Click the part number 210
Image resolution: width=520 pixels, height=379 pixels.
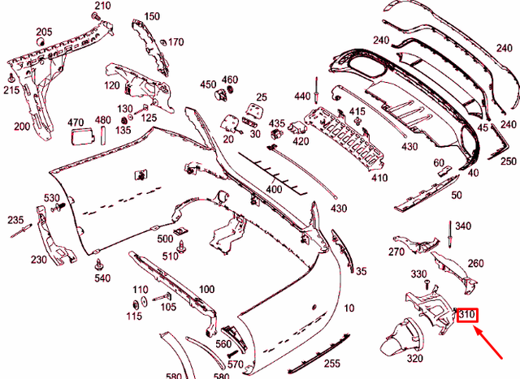click(x=102, y=6)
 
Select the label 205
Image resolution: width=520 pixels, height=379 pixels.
click(x=44, y=32)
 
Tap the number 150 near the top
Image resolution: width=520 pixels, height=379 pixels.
click(x=152, y=16)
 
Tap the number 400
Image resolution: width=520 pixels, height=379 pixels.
click(x=273, y=188)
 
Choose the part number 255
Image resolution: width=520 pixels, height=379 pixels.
click(x=333, y=364)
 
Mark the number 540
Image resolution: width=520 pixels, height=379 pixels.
click(x=102, y=278)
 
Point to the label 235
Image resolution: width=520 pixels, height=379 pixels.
click(x=16, y=220)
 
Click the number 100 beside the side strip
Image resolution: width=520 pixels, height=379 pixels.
click(x=206, y=289)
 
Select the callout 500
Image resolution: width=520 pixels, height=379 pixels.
click(x=166, y=239)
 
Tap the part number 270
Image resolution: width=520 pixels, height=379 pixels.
click(x=396, y=252)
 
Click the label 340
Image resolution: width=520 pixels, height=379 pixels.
click(x=463, y=226)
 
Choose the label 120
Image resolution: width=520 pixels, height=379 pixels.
click(x=112, y=85)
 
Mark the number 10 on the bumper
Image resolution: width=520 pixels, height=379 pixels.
click(x=349, y=308)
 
